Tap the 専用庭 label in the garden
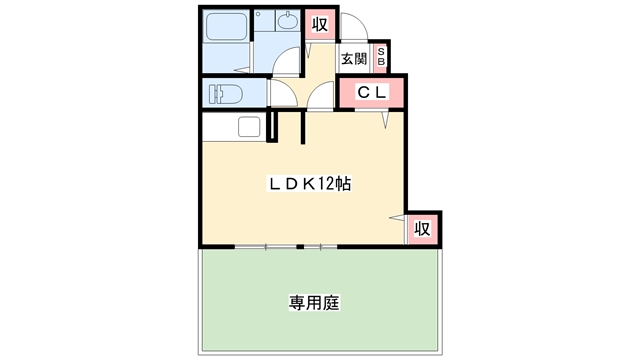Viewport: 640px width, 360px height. pyautogui.click(x=314, y=301)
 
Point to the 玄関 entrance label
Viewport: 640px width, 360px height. pyautogui.click(x=353, y=59)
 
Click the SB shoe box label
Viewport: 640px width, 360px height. pyautogui.click(x=380, y=58)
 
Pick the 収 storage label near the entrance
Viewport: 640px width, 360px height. pyautogui.click(x=319, y=25)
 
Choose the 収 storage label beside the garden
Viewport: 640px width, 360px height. pyautogui.click(x=422, y=229)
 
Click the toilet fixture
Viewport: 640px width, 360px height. pyautogui.click(x=224, y=95)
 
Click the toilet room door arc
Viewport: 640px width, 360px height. pyautogui.click(x=280, y=97)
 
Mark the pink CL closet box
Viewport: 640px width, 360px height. pyautogui.click(x=372, y=93)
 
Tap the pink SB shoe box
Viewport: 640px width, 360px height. pyautogui.click(x=380, y=58)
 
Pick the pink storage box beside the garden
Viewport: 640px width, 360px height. pyautogui.click(x=422, y=229)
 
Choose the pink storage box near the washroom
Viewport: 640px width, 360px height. pyautogui.click(x=319, y=25)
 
